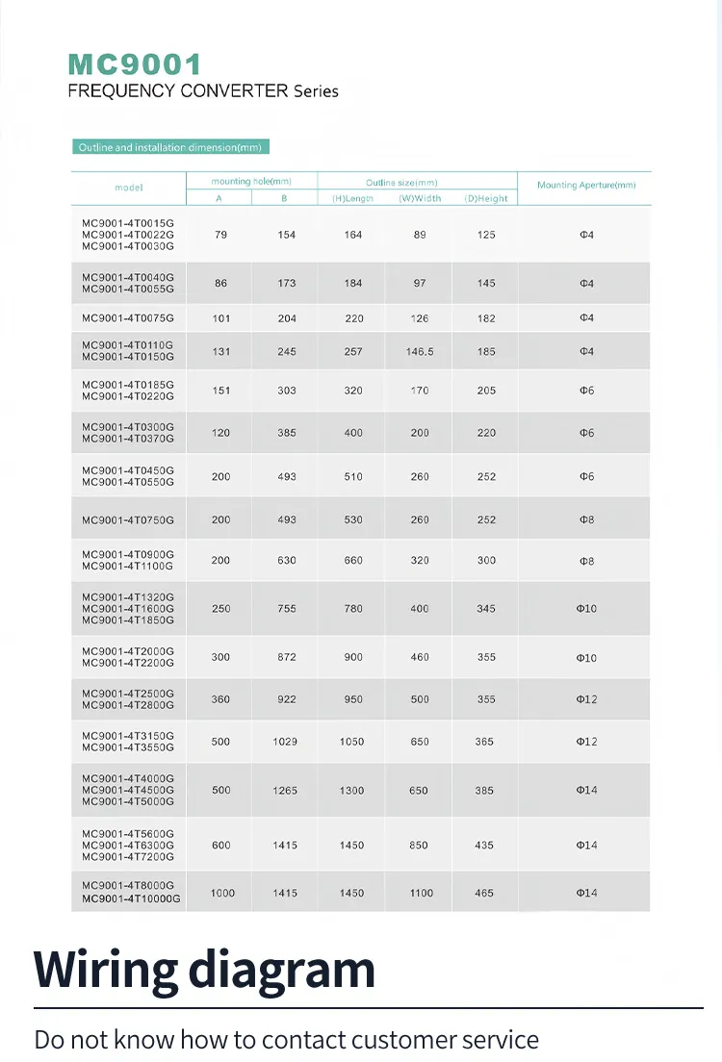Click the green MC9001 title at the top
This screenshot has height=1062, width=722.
click(135, 64)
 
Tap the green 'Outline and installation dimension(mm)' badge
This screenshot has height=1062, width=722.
click(169, 147)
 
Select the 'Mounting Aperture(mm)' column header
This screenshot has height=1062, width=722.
click(586, 185)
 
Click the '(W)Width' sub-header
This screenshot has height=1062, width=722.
click(420, 198)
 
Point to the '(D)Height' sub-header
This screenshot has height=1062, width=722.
click(486, 198)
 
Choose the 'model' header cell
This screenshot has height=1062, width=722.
click(128, 188)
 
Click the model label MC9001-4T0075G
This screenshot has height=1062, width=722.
click(128, 318)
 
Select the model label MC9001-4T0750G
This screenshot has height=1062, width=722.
click(128, 520)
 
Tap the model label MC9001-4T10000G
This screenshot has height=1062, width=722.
click(131, 898)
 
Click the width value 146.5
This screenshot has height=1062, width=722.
click(420, 352)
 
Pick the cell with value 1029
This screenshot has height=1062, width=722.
click(286, 742)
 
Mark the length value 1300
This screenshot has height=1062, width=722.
click(352, 791)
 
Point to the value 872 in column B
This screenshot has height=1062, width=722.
click(287, 657)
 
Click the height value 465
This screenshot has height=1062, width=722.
click(484, 894)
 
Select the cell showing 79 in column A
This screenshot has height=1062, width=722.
click(220, 235)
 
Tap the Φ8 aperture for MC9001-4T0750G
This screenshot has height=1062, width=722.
click(586, 520)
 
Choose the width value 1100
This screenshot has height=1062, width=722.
click(421, 894)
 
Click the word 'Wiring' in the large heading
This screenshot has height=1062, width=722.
click(106, 970)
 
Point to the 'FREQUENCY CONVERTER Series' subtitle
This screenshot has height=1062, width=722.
click(203, 91)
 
